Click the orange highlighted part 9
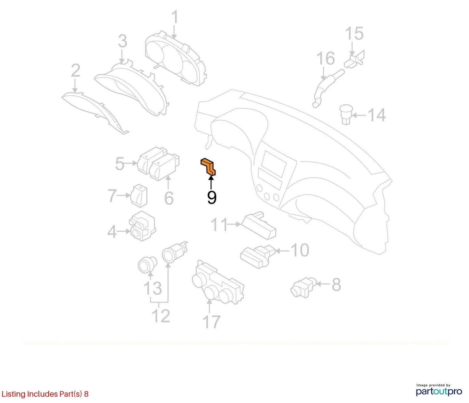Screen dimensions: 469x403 coord(208,167)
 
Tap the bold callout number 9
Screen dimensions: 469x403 coord(212,198)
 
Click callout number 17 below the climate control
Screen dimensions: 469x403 coord(211,322)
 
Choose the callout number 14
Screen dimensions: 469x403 coord(376,115)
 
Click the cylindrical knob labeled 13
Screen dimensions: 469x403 coord(147,264)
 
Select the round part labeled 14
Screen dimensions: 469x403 coord(346,114)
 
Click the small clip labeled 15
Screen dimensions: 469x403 coord(354,60)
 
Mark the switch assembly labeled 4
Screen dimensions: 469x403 coord(142,226)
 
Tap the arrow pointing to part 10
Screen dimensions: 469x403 coord(282,251)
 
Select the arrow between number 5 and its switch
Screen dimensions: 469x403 coord(131,163)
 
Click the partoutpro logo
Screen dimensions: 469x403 coord(439,391)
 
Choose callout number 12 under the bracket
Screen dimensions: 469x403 coord(161,315)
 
